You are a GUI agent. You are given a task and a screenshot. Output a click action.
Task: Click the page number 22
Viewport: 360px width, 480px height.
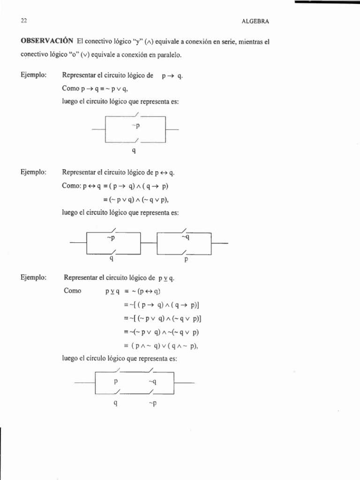click(24, 21)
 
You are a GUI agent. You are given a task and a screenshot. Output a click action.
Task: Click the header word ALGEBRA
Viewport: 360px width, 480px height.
click(255, 21)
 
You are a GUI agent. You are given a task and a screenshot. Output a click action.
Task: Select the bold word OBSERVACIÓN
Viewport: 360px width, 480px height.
click(47, 41)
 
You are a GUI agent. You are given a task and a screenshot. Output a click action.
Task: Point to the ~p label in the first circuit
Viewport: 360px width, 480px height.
click(136, 125)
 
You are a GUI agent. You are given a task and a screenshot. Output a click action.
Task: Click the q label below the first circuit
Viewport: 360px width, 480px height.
click(135, 151)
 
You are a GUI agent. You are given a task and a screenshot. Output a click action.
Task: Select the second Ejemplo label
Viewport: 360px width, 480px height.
click(33, 172)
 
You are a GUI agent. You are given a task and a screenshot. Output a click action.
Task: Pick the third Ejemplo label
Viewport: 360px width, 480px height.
click(33, 277)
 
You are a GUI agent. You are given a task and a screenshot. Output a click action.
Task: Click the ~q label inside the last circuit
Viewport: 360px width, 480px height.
click(152, 381)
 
